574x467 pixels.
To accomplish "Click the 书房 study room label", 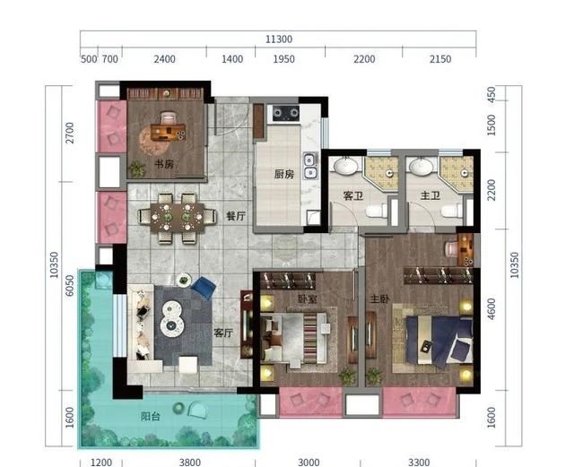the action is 163,164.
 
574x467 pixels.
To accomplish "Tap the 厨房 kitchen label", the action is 284,174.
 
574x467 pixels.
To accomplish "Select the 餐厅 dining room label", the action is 236,216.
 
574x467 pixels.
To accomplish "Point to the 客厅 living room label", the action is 223,333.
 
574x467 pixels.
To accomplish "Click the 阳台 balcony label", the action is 151,416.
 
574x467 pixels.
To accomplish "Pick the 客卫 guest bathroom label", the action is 353,195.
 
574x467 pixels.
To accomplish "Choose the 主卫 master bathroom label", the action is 430,195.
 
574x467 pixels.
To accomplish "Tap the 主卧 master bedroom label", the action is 379,299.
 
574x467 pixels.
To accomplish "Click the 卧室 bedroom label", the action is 307,299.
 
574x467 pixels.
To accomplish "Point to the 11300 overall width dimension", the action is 279,39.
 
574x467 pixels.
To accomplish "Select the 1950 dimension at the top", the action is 283,59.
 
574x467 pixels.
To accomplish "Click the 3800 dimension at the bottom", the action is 189,463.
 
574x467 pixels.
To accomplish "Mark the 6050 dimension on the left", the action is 69,285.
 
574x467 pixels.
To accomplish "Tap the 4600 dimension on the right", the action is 491,309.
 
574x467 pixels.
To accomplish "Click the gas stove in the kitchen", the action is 285,113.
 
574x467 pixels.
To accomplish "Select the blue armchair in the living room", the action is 203,288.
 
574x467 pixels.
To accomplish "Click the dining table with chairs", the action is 178,218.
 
